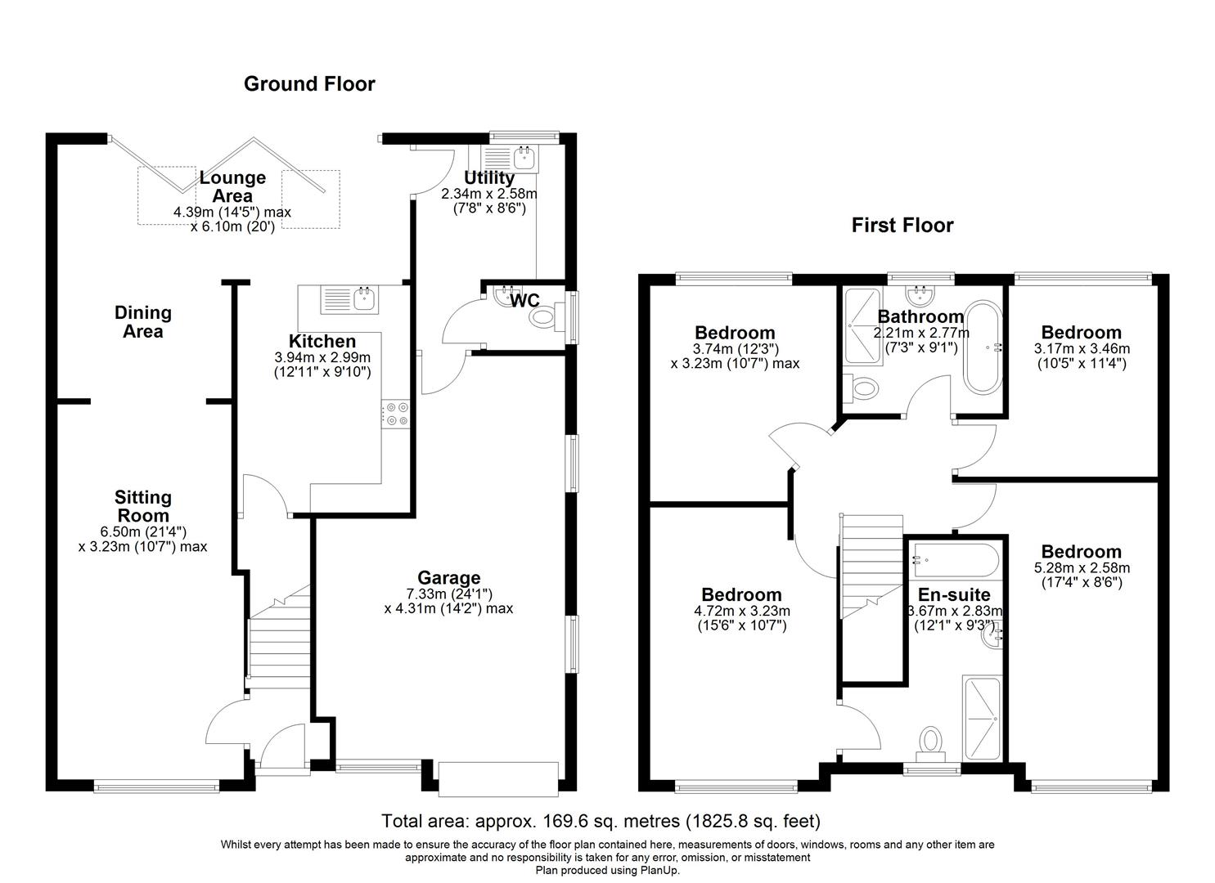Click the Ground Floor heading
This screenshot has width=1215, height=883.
click(309, 83)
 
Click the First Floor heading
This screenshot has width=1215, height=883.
click(902, 225)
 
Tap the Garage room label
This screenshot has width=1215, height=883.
click(449, 578)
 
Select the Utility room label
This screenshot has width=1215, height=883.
click(489, 177)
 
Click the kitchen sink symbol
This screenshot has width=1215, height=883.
click(350, 299)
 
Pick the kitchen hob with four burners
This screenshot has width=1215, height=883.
click(395, 414)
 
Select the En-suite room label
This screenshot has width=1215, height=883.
click(954, 595)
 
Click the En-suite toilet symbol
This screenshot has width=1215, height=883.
click(931, 740)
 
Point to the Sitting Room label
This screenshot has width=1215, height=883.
click(142, 506)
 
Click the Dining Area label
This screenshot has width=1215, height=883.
click(143, 321)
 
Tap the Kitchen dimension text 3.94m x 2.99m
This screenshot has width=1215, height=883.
click(322, 357)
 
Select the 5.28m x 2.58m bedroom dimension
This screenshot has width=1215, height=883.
click(1082, 568)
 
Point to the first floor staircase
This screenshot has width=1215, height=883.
click(871, 564)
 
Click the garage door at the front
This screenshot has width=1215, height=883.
click(498, 778)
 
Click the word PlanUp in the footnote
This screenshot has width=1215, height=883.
click(661, 871)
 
